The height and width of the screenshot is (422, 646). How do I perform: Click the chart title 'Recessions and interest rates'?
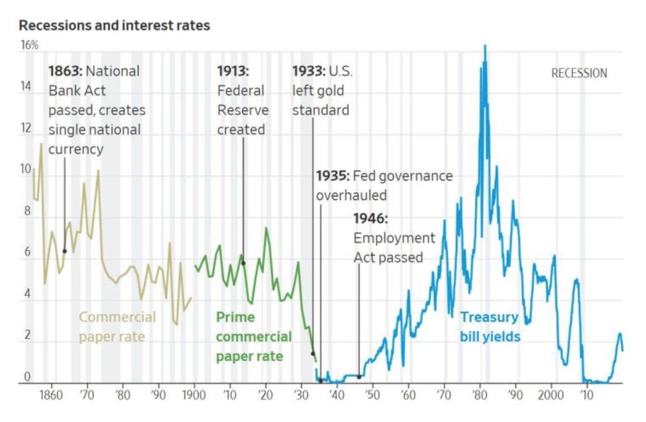point(115,26)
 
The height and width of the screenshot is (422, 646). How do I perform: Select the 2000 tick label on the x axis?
point(552,395)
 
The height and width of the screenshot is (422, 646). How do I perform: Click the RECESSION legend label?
point(579,73)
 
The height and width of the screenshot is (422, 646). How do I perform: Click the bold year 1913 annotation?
point(233,71)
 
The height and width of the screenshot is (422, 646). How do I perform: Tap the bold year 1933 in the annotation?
point(309,71)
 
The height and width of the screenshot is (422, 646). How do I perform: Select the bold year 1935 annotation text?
point(332,176)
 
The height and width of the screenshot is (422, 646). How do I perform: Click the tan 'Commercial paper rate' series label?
point(117,327)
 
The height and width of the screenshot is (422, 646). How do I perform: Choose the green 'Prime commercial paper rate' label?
point(253,336)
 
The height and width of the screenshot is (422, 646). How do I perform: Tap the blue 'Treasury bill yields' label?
point(490,327)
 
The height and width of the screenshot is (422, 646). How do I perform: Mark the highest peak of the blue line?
point(485,46)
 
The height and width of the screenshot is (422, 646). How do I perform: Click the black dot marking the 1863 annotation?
point(64,251)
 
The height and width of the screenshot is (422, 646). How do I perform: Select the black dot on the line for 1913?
point(244,263)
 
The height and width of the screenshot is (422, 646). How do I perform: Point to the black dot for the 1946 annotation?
point(359,376)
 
